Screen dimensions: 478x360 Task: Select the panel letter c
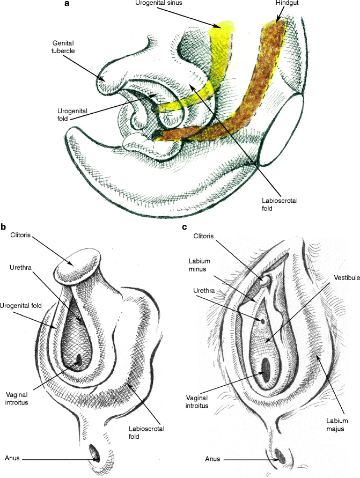coord(185,227)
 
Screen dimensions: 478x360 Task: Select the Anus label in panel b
coord(13,458)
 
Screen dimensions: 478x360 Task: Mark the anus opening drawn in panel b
coord(96,455)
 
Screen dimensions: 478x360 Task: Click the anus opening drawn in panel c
coord(280,458)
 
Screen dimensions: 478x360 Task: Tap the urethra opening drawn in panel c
coord(263,320)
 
